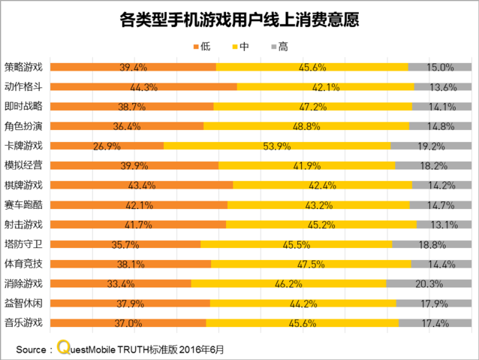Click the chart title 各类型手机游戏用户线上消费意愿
click(239, 18)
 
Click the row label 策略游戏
click(23, 67)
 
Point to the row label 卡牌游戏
click(23, 146)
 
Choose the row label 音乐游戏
click(23, 323)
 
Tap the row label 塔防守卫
click(23, 244)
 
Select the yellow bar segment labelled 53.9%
click(277, 146)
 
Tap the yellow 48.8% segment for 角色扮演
click(306, 126)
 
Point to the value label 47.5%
click(310, 265)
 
